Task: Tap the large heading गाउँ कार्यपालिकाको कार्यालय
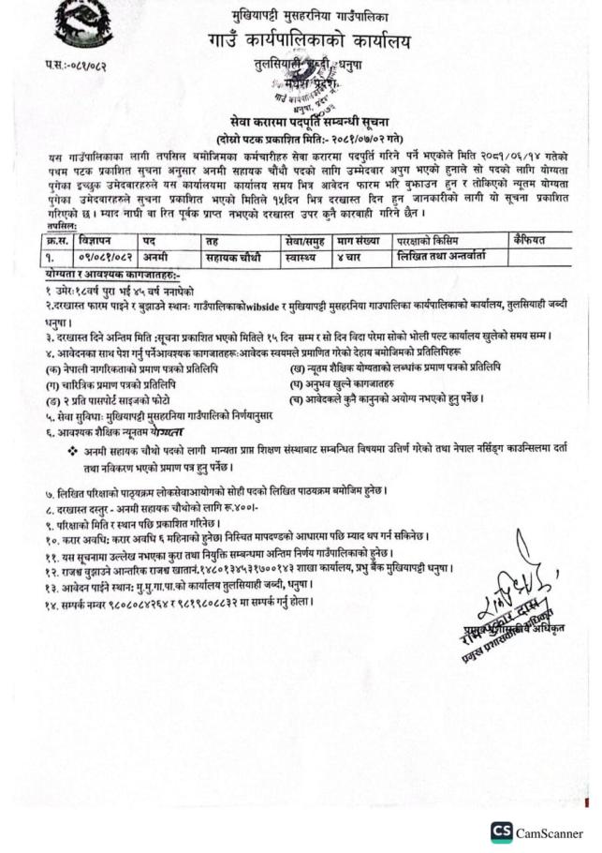[x=310, y=41]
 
